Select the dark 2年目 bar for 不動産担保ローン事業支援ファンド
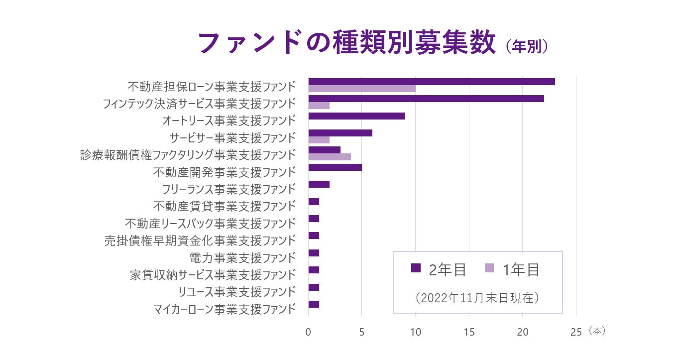click(x=431, y=82)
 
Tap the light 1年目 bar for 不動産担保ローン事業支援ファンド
click(x=362, y=89)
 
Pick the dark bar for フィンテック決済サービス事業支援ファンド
click(x=426, y=99)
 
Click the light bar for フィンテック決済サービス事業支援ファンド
click(x=319, y=106)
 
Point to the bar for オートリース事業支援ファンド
click(x=356, y=116)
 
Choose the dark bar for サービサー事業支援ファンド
click(x=340, y=133)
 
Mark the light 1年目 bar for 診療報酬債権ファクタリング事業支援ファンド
click(x=330, y=157)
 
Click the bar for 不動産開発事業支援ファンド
click(x=335, y=167)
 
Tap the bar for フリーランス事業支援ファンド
click(x=319, y=184)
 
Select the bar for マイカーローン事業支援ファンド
click(x=314, y=304)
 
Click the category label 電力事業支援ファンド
click(x=243, y=258)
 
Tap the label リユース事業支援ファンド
click(x=237, y=292)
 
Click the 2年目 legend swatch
click(x=416, y=268)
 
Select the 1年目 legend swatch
click(x=489, y=268)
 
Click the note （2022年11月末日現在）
click(x=477, y=298)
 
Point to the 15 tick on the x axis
click(x=469, y=332)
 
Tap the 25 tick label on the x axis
click(x=575, y=332)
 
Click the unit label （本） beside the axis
click(x=596, y=331)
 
